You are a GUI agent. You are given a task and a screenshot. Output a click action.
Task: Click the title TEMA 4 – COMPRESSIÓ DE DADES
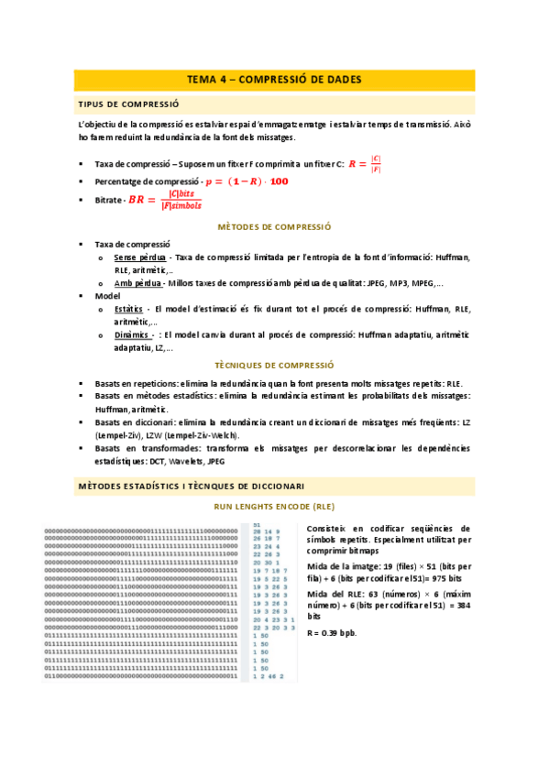tap(274, 80)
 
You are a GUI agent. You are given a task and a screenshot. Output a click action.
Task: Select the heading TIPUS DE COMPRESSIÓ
tap(128, 104)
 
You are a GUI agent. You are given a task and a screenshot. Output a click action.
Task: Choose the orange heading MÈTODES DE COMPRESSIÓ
tap(274, 226)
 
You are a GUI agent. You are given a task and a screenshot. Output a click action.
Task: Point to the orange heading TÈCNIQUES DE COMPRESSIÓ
tap(274, 364)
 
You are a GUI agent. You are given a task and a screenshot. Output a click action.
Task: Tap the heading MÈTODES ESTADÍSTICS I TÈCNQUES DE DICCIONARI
tap(192, 486)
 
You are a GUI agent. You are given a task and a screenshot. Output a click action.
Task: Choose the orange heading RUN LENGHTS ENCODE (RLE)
tap(274, 506)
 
